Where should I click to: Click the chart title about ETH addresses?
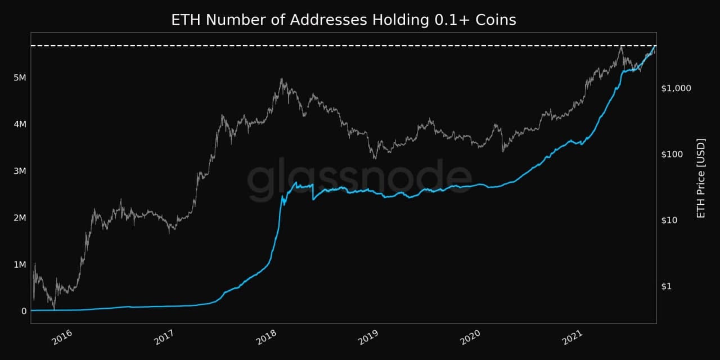coord(344,20)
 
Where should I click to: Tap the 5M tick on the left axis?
coord(19,78)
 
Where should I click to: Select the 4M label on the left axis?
coord(19,124)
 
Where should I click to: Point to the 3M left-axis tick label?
coord(19,171)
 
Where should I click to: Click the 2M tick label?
coord(19,218)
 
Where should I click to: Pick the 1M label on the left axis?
coord(19,264)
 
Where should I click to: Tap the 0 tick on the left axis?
coord(24,311)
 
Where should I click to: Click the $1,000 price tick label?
coord(676,88)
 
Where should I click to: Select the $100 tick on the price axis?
coord(673,154)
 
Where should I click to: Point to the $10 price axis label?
coord(671,220)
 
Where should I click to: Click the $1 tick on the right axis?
coord(667,286)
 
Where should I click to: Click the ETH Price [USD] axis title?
coord(700,178)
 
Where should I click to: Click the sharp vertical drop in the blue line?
coord(313,192)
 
